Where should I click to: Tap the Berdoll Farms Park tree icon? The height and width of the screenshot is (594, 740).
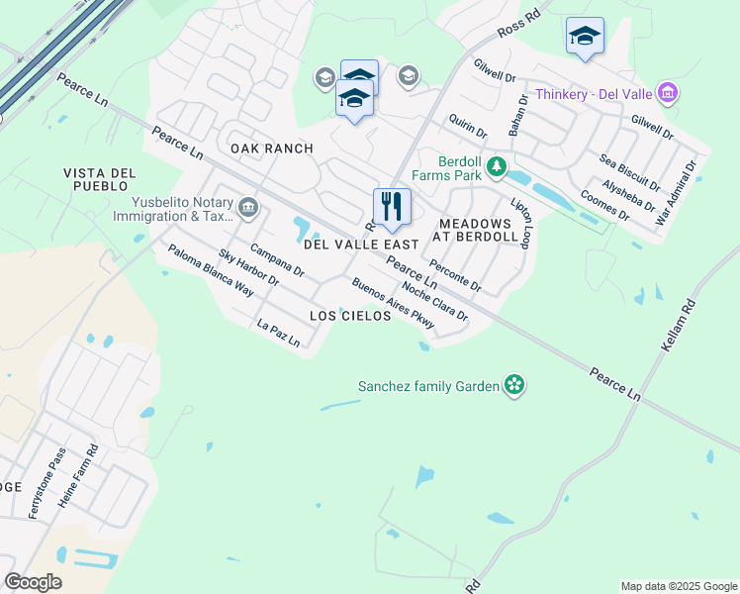point(498,166)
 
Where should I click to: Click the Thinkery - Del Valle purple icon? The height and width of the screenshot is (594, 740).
point(668,94)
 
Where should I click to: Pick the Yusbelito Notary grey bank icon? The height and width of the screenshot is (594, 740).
point(248,208)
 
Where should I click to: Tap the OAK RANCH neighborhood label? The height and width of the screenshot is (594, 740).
point(272,148)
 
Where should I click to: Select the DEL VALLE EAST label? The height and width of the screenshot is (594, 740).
point(354,244)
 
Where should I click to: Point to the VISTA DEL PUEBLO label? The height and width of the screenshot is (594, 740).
point(96,179)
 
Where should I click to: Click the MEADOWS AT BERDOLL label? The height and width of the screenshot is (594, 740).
point(478,231)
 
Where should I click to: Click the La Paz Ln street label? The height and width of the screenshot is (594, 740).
point(278,333)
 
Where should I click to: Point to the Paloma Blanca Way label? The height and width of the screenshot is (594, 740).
point(210,270)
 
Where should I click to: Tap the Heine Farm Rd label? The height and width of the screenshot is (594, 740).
point(79,476)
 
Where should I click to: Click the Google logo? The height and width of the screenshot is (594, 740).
point(33,582)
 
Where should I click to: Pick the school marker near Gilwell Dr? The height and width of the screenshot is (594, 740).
point(585,36)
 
